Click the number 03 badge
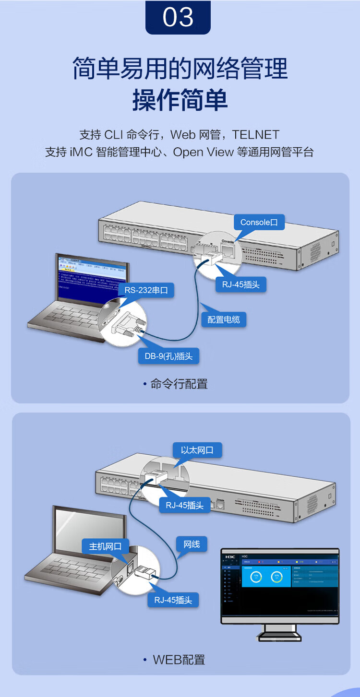pos(178,18)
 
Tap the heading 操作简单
pos(180,100)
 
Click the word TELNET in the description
pos(256,135)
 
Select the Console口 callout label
pos(259,222)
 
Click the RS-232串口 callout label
pos(149,290)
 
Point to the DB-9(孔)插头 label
pos(168,356)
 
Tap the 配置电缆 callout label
pos(224,319)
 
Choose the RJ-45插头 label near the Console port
pos(240,284)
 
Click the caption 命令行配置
pos(179,384)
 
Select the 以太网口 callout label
pos(197,450)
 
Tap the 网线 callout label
pos(192,544)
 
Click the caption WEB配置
pos(179,660)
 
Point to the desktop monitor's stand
pos(279,633)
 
